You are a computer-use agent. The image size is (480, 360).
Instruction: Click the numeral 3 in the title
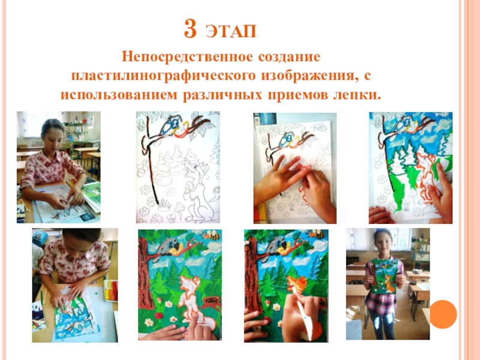[x=190, y=29]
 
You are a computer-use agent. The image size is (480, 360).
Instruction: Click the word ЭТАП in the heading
[x=231, y=31]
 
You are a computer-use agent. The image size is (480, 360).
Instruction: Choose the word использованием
[x=119, y=95]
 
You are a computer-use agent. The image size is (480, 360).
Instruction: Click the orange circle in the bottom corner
[x=443, y=314]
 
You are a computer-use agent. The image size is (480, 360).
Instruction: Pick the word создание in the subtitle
[x=289, y=57]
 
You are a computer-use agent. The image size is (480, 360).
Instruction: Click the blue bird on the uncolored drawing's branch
[x=168, y=125]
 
